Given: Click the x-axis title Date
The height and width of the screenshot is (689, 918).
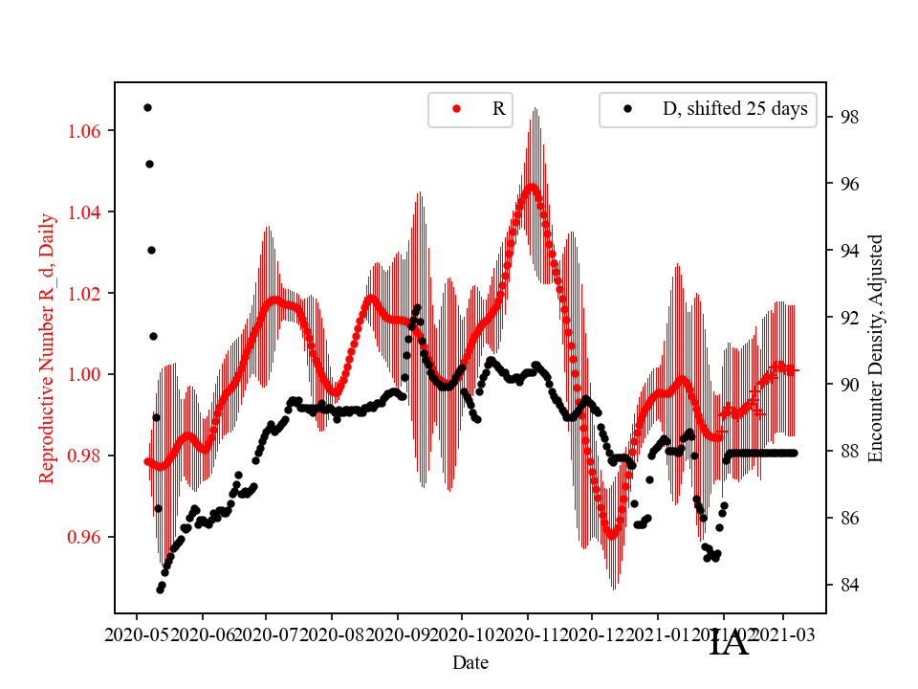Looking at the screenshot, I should [470, 661].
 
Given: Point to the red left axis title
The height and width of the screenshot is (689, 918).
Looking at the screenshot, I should [47, 348].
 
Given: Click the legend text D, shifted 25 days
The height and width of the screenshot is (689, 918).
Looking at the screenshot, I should [734, 109].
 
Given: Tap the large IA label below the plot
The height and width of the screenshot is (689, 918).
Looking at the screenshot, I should [729, 643].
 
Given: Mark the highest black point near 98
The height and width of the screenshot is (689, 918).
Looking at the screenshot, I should [147, 107].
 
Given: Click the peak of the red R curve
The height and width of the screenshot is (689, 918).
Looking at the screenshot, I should [532, 187].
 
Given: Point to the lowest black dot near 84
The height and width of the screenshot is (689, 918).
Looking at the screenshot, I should [160, 589].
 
